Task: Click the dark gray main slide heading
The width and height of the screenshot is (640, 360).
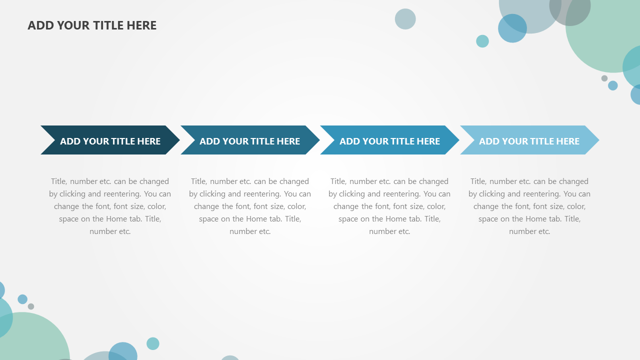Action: tap(92, 25)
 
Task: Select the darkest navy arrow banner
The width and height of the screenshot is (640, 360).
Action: tap(110, 140)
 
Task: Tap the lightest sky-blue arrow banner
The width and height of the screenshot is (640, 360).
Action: tap(529, 140)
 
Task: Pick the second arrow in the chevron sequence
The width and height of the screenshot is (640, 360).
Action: tap(250, 140)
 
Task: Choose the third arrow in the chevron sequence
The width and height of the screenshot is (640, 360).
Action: tap(389, 140)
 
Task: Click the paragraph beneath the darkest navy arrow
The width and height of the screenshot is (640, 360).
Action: tap(110, 206)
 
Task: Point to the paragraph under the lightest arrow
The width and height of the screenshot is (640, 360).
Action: tap(529, 206)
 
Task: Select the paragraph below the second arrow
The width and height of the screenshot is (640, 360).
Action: tap(250, 206)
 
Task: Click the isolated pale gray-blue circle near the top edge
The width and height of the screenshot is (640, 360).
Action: tap(405, 19)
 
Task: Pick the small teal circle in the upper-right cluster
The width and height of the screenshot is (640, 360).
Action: tap(482, 41)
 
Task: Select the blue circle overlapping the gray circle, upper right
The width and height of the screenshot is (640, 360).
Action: tap(512, 28)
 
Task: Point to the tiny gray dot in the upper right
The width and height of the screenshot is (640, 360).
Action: tap(604, 78)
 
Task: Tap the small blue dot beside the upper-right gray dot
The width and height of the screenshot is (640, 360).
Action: tap(612, 85)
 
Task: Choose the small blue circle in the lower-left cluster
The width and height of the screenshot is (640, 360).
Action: tap(22, 299)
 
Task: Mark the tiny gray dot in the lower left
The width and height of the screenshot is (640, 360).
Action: tap(31, 306)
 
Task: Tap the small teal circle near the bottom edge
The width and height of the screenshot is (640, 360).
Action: tap(153, 343)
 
